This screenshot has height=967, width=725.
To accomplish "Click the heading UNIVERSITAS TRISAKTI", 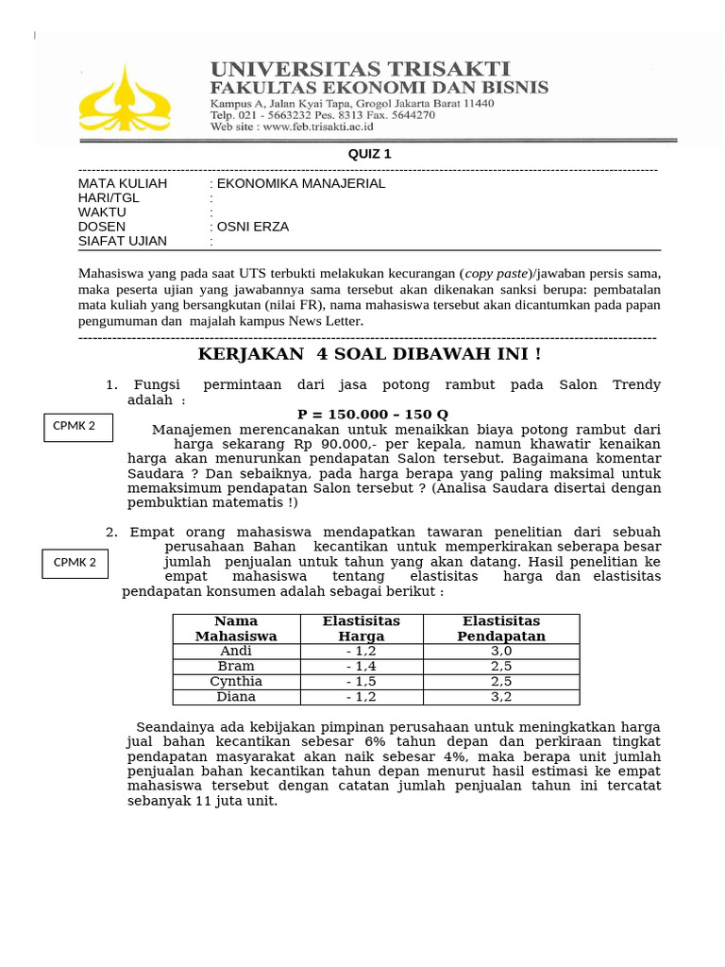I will [x=360, y=69].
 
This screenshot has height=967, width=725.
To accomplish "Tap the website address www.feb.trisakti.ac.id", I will [x=317, y=127].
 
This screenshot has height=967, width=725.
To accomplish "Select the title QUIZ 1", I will [x=369, y=154].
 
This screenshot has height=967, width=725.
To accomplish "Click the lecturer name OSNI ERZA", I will [x=253, y=227].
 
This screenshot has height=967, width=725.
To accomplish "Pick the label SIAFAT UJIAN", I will [x=123, y=241].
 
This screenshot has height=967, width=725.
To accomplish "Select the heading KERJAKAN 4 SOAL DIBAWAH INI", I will [x=369, y=354].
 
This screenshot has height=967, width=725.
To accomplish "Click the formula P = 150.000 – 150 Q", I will [x=373, y=415].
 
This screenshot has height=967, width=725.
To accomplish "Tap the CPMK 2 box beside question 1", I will [x=78, y=427].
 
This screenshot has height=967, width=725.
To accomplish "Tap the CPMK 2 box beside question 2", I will [x=76, y=563].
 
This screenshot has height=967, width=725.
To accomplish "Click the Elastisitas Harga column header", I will [x=362, y=628].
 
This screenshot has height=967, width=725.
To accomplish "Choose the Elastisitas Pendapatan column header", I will [x=501, y=628].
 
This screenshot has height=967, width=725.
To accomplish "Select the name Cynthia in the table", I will [x=236, y=682].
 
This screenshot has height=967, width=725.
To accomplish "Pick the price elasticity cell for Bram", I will [x=362, y=667].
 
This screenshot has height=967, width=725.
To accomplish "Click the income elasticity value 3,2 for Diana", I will [x=501, y=697].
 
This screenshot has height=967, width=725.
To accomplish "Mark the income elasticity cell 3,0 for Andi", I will [x=501, y=652].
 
